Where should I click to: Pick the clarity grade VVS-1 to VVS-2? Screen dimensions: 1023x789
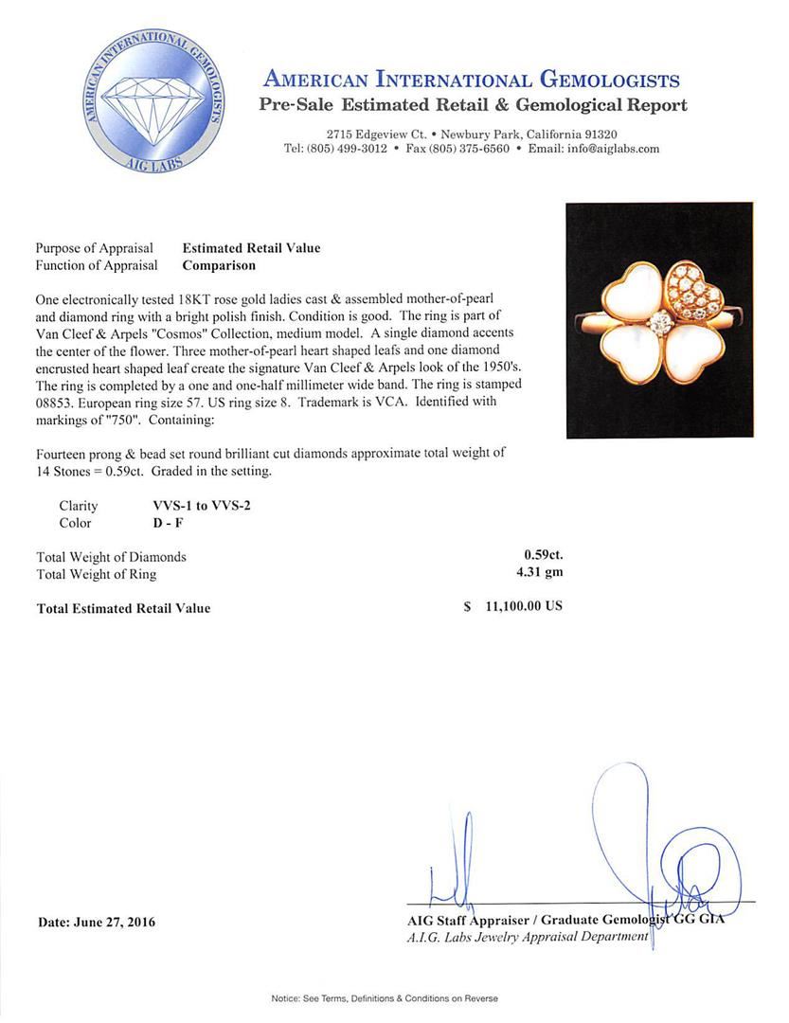195,506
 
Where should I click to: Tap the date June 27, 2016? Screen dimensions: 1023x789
97,922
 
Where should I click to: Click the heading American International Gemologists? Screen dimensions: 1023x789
471,79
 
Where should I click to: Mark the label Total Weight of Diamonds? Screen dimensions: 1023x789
111,557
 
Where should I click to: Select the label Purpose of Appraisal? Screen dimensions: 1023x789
95,248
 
